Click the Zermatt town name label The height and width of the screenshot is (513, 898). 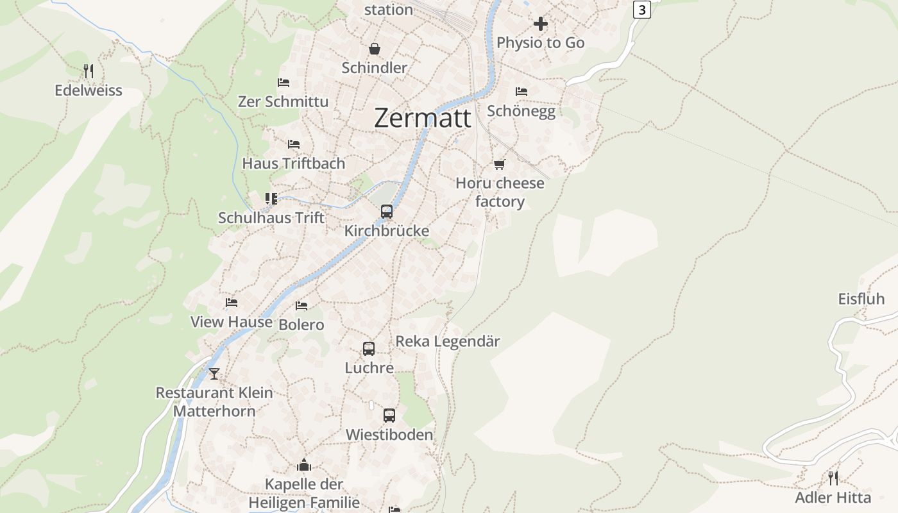tap(422, 118)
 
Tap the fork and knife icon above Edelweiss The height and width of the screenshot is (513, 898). tap(89, 71)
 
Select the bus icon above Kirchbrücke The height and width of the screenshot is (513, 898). tap(387, 212)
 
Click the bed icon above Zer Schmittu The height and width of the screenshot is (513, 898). tap(284, 83)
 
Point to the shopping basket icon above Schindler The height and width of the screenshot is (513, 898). tap(374, 49)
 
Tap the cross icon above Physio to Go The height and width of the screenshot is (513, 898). tap(541, 24)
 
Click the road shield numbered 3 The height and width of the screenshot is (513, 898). tap(641, 10)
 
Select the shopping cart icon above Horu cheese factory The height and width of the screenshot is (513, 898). tap(500, 164)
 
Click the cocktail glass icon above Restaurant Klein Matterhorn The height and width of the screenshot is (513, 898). tap(214, 374)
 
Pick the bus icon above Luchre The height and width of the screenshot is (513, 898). tap(369, 349)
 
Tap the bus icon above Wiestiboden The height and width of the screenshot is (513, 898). tap(389, 416)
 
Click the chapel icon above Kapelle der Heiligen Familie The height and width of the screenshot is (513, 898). tap(304, 465)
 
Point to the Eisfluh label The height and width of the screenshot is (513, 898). tap(861, 299)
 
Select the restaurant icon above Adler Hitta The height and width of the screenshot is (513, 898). tap(833, 478)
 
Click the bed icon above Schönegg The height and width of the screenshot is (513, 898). tap(521, 92)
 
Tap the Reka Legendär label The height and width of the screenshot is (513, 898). tap(448, 341)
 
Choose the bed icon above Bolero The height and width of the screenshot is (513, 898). tap(301, 306)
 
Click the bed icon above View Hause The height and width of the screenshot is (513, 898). tap(232, 303)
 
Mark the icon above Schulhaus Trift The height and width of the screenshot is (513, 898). tap(271, 199)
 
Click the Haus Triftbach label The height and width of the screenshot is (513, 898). tap(293, 164)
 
